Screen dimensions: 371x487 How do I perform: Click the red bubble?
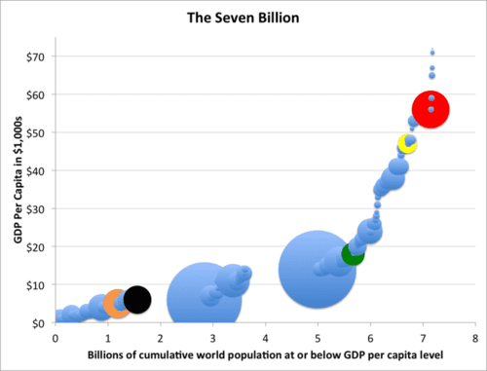click(x=431, y=110)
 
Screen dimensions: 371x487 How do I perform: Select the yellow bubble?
click(x=407, y=145)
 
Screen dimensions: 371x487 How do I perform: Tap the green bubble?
click(x=353, y=253)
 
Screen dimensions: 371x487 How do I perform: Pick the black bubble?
click(x=137, y=300)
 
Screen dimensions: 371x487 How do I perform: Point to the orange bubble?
click(x=117, y=304)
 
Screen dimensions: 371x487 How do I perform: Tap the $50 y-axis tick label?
click(x=38, y=131)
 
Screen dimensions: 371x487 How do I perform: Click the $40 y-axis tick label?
click(x=38, y=169)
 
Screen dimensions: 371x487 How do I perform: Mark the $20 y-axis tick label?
click(x=38, y=246)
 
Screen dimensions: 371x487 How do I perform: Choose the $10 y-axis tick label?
click(x=38, y=284)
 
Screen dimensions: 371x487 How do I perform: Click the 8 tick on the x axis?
click(x=474, y=336)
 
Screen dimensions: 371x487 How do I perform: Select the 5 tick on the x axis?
click(x=318, y=336)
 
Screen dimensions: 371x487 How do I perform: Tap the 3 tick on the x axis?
click(x=212, y=336)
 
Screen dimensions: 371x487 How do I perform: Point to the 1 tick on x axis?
click(x=107, y=336)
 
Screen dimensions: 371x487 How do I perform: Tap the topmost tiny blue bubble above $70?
click(x=432, y=53)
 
